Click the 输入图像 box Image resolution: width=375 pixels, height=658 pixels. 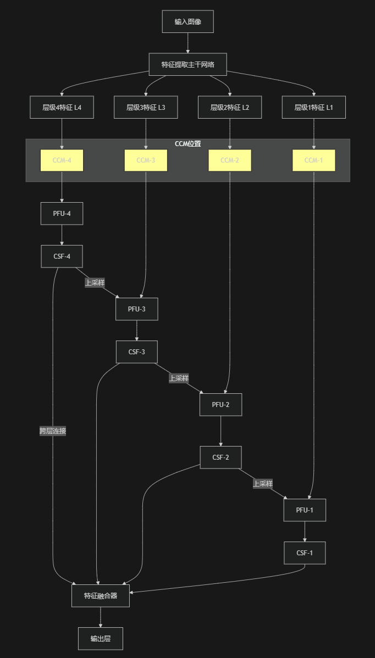pyautogui.click(x=187, y=21)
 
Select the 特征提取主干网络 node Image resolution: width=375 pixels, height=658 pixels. pyautogui.click(x=187, y=64)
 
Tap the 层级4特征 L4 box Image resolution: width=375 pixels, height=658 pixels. pyautogui.click(x=62, y=107)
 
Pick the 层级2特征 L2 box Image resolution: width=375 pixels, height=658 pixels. pyautogui.click(x=230, y=107)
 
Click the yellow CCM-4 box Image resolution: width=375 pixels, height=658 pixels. pyautogui.click(x=62, y=160)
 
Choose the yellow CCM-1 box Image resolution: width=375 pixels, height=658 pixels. pyautogui.click(x=313, y=160)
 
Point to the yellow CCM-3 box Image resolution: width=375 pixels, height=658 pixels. pyautogui.click(x=146, y=160)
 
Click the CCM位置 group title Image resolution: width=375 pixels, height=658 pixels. pyautogui.click(x=187, y=144)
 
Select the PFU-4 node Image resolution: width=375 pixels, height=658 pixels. pyautogui.click(x=62, y=214)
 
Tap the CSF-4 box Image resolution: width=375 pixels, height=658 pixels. pyautogui.click(x=62, y=256)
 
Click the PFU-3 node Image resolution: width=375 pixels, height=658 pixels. pyautogui.click(x=137, y=309)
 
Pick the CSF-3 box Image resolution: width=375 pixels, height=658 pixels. pyautogui.click(x=137, y=352)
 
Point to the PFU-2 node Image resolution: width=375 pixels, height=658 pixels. pyautogui.click(x=220, y=405)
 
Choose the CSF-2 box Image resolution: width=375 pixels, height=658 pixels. pyautogui.click(x=220, y=458)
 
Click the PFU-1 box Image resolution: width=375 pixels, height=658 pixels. pyautogui.click(x=305, y=510)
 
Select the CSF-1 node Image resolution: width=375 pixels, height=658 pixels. pyautogui.click(x=305, y=553)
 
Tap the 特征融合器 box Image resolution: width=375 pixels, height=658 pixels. pyautogui.click(x=101, y=596)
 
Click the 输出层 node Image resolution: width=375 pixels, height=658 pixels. pyautogui.click(x=101, y=639)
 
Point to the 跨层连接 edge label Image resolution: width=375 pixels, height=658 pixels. pyautogui.click(x=53, y=431)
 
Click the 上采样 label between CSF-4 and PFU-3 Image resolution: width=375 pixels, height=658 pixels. pyautogui.click(x=95, y=282)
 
